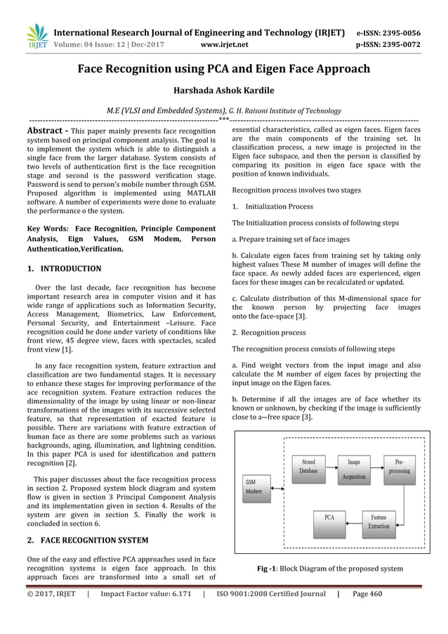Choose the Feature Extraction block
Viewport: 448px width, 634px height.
point(378,521)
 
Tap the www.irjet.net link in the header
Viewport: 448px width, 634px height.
point(223,42)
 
